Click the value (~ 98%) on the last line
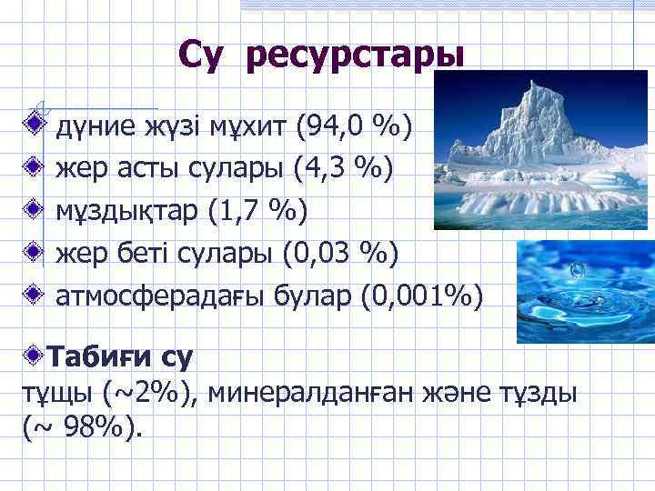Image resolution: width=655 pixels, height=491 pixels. (82, 426)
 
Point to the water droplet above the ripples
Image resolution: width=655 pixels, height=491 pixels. (577, 269)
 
